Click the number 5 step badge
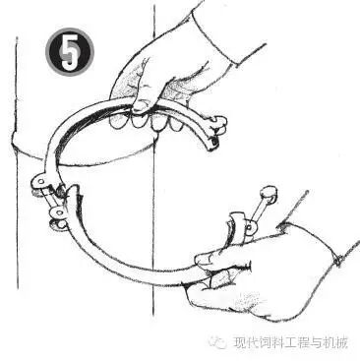pyautogui.click(x=70, y=52)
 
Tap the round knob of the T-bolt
pyautogui.click(x=269, y=193)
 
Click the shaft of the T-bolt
pyautogui.click(x=259, y=211)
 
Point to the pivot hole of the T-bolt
pyautogui.click(x=250, y=226)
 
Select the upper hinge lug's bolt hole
pyautogui.click(x=39, y=181)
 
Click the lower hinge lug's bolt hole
pyautogui.click(x=59, y=212)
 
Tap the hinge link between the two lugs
pyautogui.click(x=48, y=198)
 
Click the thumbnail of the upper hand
pyautogui.click(x=140, y=106)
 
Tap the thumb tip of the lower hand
pyautogui.click(x=201, y=260)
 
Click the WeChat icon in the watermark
pyautogui.click(x=217, y=342)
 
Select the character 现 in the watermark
pyautogui.click(x=239, y=342)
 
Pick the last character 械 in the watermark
pyautogui.click(x=341, y=342)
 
